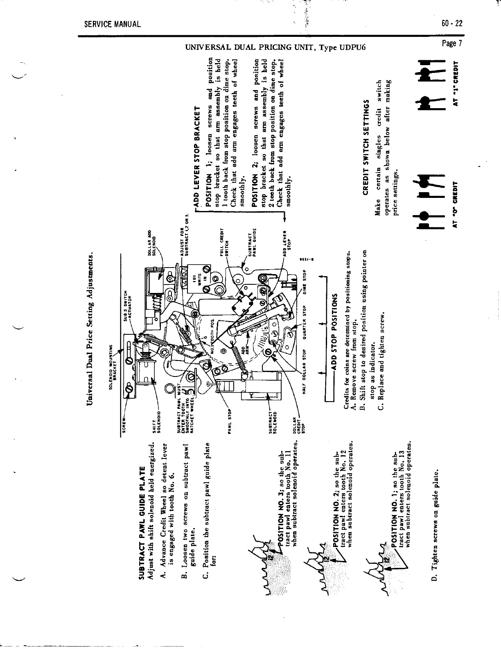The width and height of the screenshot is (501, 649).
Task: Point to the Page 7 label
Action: (452, 44)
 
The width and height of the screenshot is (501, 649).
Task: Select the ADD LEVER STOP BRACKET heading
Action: (196, 155)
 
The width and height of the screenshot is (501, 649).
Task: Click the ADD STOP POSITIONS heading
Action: (335, 332)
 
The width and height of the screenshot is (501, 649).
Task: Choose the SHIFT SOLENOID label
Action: (152, 420)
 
